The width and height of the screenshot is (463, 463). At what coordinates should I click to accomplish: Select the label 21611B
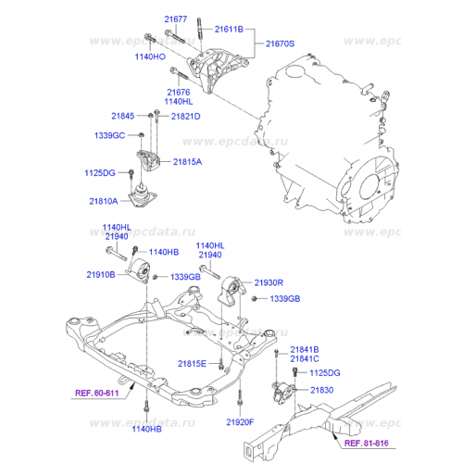228,31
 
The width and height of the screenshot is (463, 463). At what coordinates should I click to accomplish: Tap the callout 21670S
280,44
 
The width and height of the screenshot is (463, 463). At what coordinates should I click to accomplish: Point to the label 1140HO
149,56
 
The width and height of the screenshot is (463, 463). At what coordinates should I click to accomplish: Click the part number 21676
179,92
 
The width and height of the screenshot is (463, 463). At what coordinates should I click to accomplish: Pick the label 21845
122,116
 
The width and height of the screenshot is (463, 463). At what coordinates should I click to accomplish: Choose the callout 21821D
183,116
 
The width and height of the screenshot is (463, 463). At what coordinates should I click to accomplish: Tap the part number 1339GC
108,135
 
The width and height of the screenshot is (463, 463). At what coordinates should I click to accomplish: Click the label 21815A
181,161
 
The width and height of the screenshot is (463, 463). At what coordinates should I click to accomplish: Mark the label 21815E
193,363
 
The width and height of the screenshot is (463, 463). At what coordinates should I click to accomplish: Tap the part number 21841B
304,348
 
